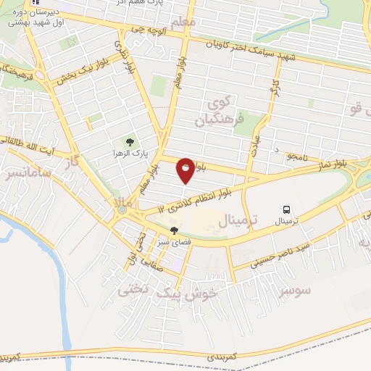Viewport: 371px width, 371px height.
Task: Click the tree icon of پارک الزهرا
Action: (130, 142)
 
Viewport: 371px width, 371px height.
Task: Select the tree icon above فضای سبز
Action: (173, 231)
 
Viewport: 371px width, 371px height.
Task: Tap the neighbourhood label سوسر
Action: (292, 290)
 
